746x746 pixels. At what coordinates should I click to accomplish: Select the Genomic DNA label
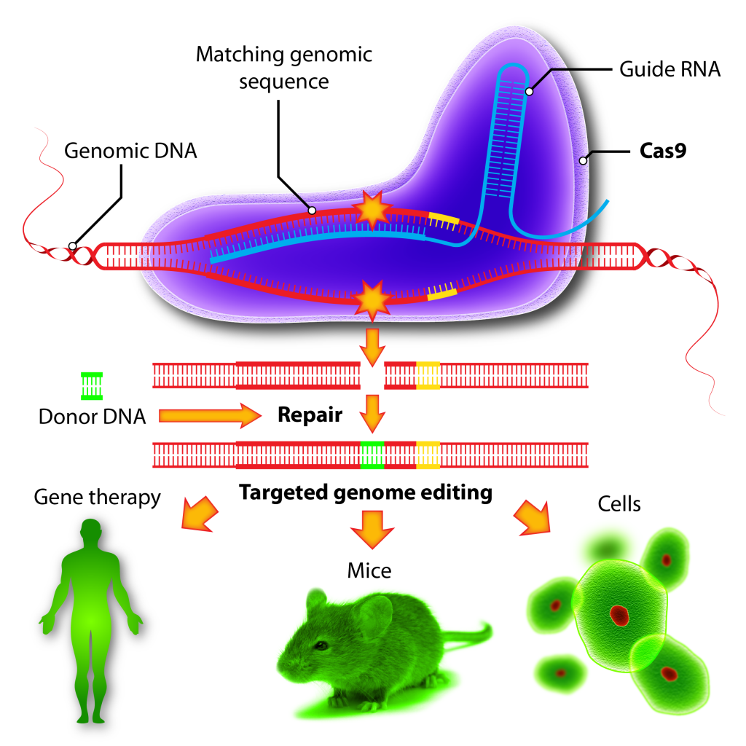click(130, 152)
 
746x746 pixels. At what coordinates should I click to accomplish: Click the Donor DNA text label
click(92, 417)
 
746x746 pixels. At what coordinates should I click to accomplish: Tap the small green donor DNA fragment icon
click(92, 385)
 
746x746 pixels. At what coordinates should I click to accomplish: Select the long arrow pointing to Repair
click(209, 415)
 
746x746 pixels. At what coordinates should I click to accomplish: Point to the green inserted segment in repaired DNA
click(372, 455)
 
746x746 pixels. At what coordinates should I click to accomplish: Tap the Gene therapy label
click(97, 498)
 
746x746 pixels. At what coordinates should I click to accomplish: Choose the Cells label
click(619, 503)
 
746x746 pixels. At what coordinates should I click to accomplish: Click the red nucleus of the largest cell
click(619, 613)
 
